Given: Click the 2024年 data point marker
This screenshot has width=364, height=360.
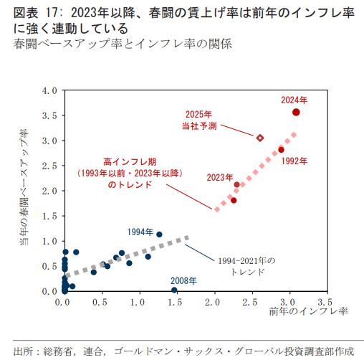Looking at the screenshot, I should coord(296,113).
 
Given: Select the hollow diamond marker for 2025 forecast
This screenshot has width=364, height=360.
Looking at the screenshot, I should coord(260,138).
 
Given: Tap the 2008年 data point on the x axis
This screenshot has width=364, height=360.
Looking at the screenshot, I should coord(174,290).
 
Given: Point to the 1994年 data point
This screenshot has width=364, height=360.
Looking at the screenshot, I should coord(159,235).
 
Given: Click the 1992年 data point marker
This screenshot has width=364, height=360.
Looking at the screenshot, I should coord(281,150).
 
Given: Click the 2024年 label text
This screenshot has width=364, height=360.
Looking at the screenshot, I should coord(294,100).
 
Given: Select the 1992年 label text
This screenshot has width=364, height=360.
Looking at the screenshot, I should coord(294,161).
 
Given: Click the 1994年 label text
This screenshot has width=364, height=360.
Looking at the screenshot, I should coord(140,232).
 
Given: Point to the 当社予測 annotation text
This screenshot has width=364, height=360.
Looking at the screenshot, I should coord(198,125).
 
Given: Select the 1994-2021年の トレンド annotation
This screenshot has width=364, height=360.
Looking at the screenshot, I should coord(246,267).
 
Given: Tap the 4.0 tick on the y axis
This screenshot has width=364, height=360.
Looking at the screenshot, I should coord(49,91).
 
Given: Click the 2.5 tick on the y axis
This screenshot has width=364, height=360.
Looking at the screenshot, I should coord(49,166).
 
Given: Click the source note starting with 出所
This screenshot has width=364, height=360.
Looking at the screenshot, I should coord(183,350).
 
